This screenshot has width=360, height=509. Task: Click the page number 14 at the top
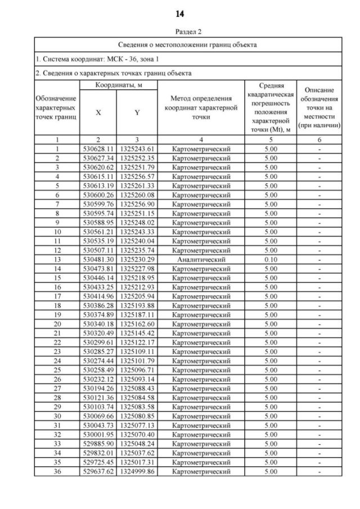point(180,13)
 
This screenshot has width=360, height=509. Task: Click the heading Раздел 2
point(180,33)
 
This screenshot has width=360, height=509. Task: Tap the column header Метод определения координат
point(201,107)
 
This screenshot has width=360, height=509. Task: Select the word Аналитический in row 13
point(201,260)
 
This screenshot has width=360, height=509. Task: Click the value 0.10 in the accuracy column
point(271,260)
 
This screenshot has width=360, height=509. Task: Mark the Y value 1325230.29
point(137,260)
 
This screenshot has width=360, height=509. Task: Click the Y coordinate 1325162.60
point(137,325)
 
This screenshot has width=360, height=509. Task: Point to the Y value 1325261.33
point(137,186)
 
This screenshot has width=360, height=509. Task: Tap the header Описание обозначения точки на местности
point(319,107)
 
